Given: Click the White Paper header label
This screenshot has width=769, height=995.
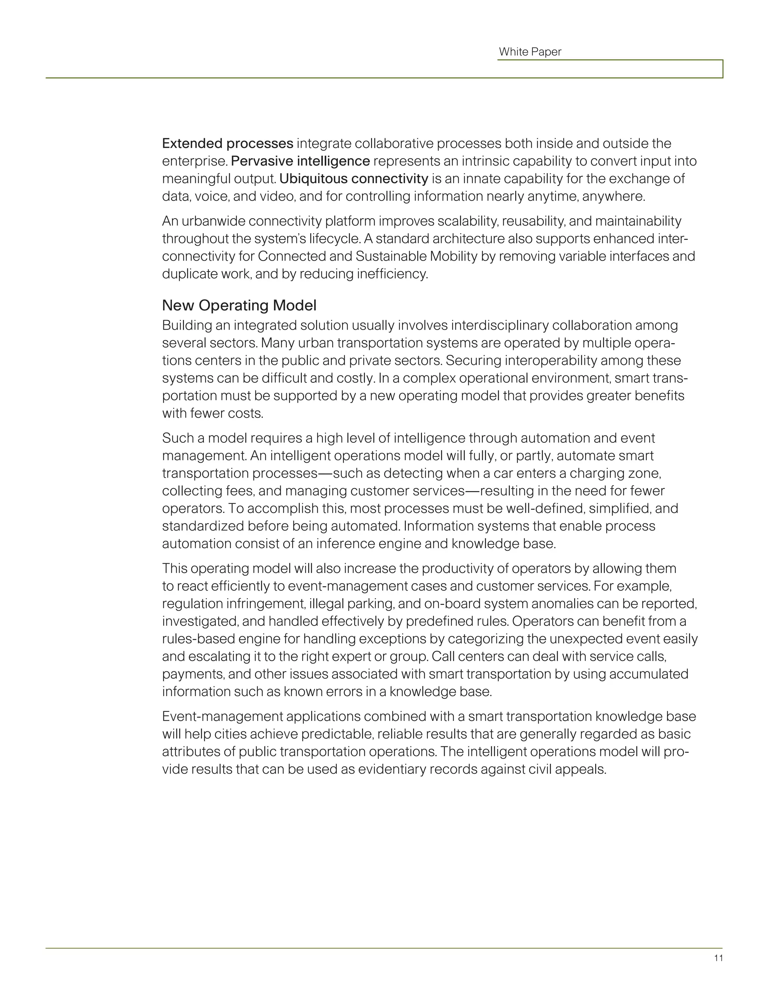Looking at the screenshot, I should click(530, 52).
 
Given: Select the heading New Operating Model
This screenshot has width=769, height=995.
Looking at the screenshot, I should click(239, 305).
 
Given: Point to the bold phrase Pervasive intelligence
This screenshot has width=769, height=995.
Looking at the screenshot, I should click(300, 161).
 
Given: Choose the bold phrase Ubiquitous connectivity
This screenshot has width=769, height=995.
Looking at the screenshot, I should click(353, 179).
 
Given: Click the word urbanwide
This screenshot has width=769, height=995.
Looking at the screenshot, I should click(213, 222).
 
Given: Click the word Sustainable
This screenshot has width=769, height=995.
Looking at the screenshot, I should click(391, 256).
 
